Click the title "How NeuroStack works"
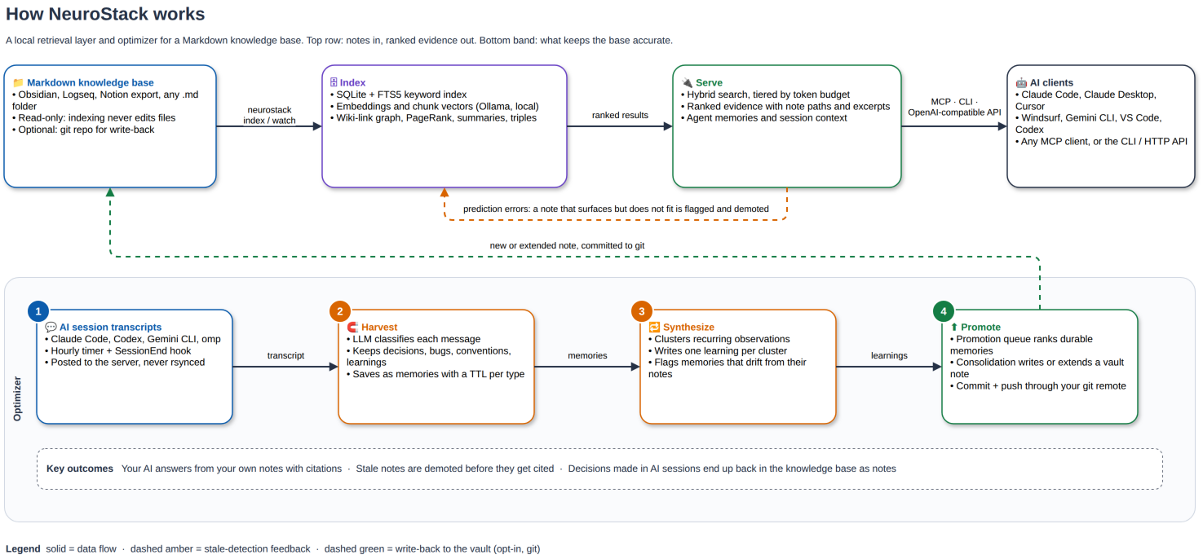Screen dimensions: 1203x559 105,14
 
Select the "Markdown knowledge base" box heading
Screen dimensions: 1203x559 91,82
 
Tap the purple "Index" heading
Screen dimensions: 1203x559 352,82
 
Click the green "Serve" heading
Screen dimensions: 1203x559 709,82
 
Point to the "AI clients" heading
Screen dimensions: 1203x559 1051,82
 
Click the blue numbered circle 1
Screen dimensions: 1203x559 38,311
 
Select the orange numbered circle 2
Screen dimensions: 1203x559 340,311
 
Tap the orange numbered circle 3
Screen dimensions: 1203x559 642,311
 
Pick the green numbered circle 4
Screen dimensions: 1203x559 944,311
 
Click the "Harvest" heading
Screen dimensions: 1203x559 379,328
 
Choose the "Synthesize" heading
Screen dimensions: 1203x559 688,328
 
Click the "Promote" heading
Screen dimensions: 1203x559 980,328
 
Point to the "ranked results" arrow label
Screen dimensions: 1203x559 620,116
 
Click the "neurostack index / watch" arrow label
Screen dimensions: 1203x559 269,116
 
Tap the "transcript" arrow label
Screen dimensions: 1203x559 285,355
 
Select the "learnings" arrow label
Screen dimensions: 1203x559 889,355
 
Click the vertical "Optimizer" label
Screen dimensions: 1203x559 17,398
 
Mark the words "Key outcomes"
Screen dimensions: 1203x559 79,469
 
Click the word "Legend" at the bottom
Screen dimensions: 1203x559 23,548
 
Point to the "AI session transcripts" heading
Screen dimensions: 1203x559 110,328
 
